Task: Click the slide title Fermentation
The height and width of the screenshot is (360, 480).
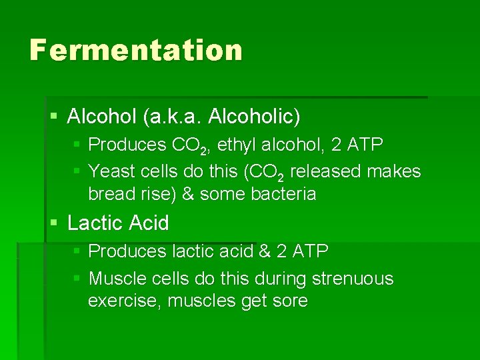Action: coord(135,51)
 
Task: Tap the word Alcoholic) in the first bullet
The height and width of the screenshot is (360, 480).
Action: coord(254,117)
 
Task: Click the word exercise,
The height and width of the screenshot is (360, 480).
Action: coord(125,301)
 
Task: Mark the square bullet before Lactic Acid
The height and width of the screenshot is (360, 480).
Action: coord(53,223)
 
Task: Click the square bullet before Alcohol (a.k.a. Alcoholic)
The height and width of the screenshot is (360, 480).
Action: coord(53,117)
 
